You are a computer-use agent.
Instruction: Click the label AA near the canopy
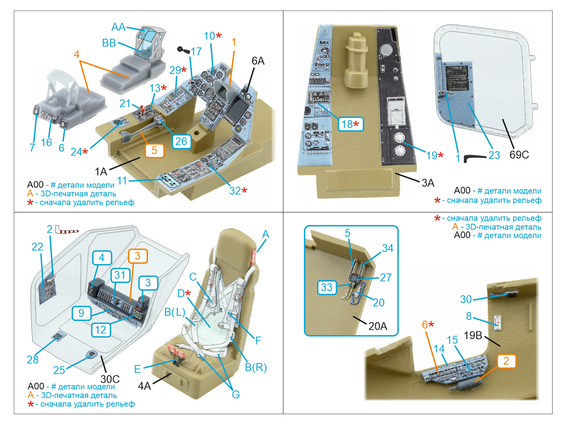(x=118, y=27)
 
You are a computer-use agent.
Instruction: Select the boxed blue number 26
(x=181, y=142)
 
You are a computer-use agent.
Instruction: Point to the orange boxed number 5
(x=154, y=151)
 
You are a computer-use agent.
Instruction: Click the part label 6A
(x=258, y=61)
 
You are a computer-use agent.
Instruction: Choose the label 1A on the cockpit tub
(x=101, y=172)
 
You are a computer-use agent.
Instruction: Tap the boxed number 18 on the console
(x=350, y=124)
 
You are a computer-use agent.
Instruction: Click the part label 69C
(x=519, y=155)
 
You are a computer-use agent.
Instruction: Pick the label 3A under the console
(x=428, y=183)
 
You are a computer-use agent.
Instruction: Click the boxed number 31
(x=120, y=275)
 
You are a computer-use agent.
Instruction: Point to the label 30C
(x=110, y=379)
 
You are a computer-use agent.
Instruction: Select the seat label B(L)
(x=174, y=312)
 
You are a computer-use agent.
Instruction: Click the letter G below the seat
(x=236, y=394)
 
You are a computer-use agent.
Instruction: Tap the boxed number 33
(x=327, y=287)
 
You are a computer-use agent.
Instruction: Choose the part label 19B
(x=473, y=335)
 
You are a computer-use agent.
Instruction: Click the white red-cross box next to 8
(x=498, y=322)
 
